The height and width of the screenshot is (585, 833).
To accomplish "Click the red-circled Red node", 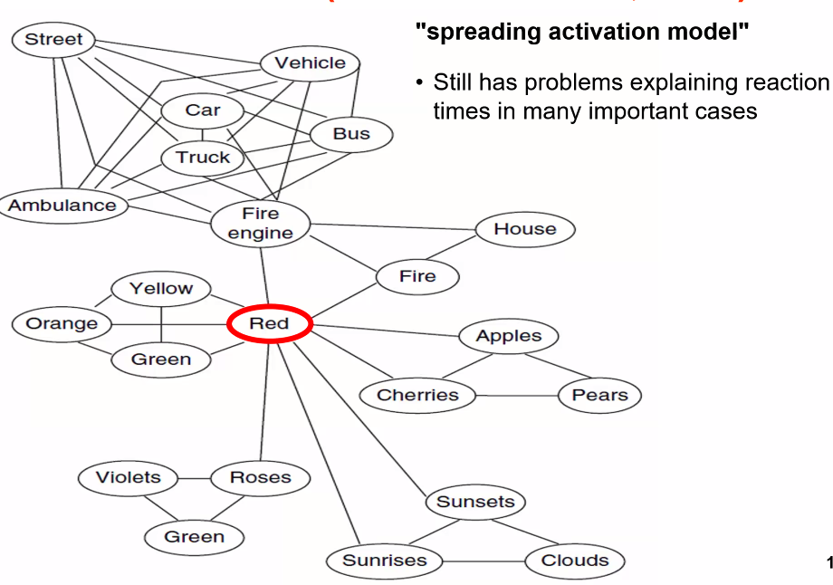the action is point(269,324).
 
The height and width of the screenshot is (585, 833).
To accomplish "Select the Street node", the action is point(53,39).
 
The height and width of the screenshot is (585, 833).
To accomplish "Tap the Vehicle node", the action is point(310,62).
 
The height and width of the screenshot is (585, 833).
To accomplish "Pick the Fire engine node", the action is point(260,224).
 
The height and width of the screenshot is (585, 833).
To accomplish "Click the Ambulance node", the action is point(62,205).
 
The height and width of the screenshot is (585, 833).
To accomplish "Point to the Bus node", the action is point(351,134).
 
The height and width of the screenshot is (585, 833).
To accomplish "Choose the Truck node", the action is point(203,158).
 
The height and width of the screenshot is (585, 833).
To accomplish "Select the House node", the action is point(524,229).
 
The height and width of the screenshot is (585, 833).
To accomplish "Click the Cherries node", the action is point(417,395).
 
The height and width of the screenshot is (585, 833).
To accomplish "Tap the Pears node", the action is point(599,395).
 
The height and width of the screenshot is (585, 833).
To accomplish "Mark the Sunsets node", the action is point(475,502).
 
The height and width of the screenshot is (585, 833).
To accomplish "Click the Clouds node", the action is point(575,561).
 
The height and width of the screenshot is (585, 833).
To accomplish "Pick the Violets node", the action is point(128,477).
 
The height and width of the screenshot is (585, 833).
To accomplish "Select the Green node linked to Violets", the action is point(194,536).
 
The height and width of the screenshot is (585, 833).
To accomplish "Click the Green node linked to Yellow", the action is point(161,360).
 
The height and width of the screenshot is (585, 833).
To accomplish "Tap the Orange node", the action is point(62,323).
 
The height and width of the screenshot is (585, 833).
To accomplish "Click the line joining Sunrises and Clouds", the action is point(484,561).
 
